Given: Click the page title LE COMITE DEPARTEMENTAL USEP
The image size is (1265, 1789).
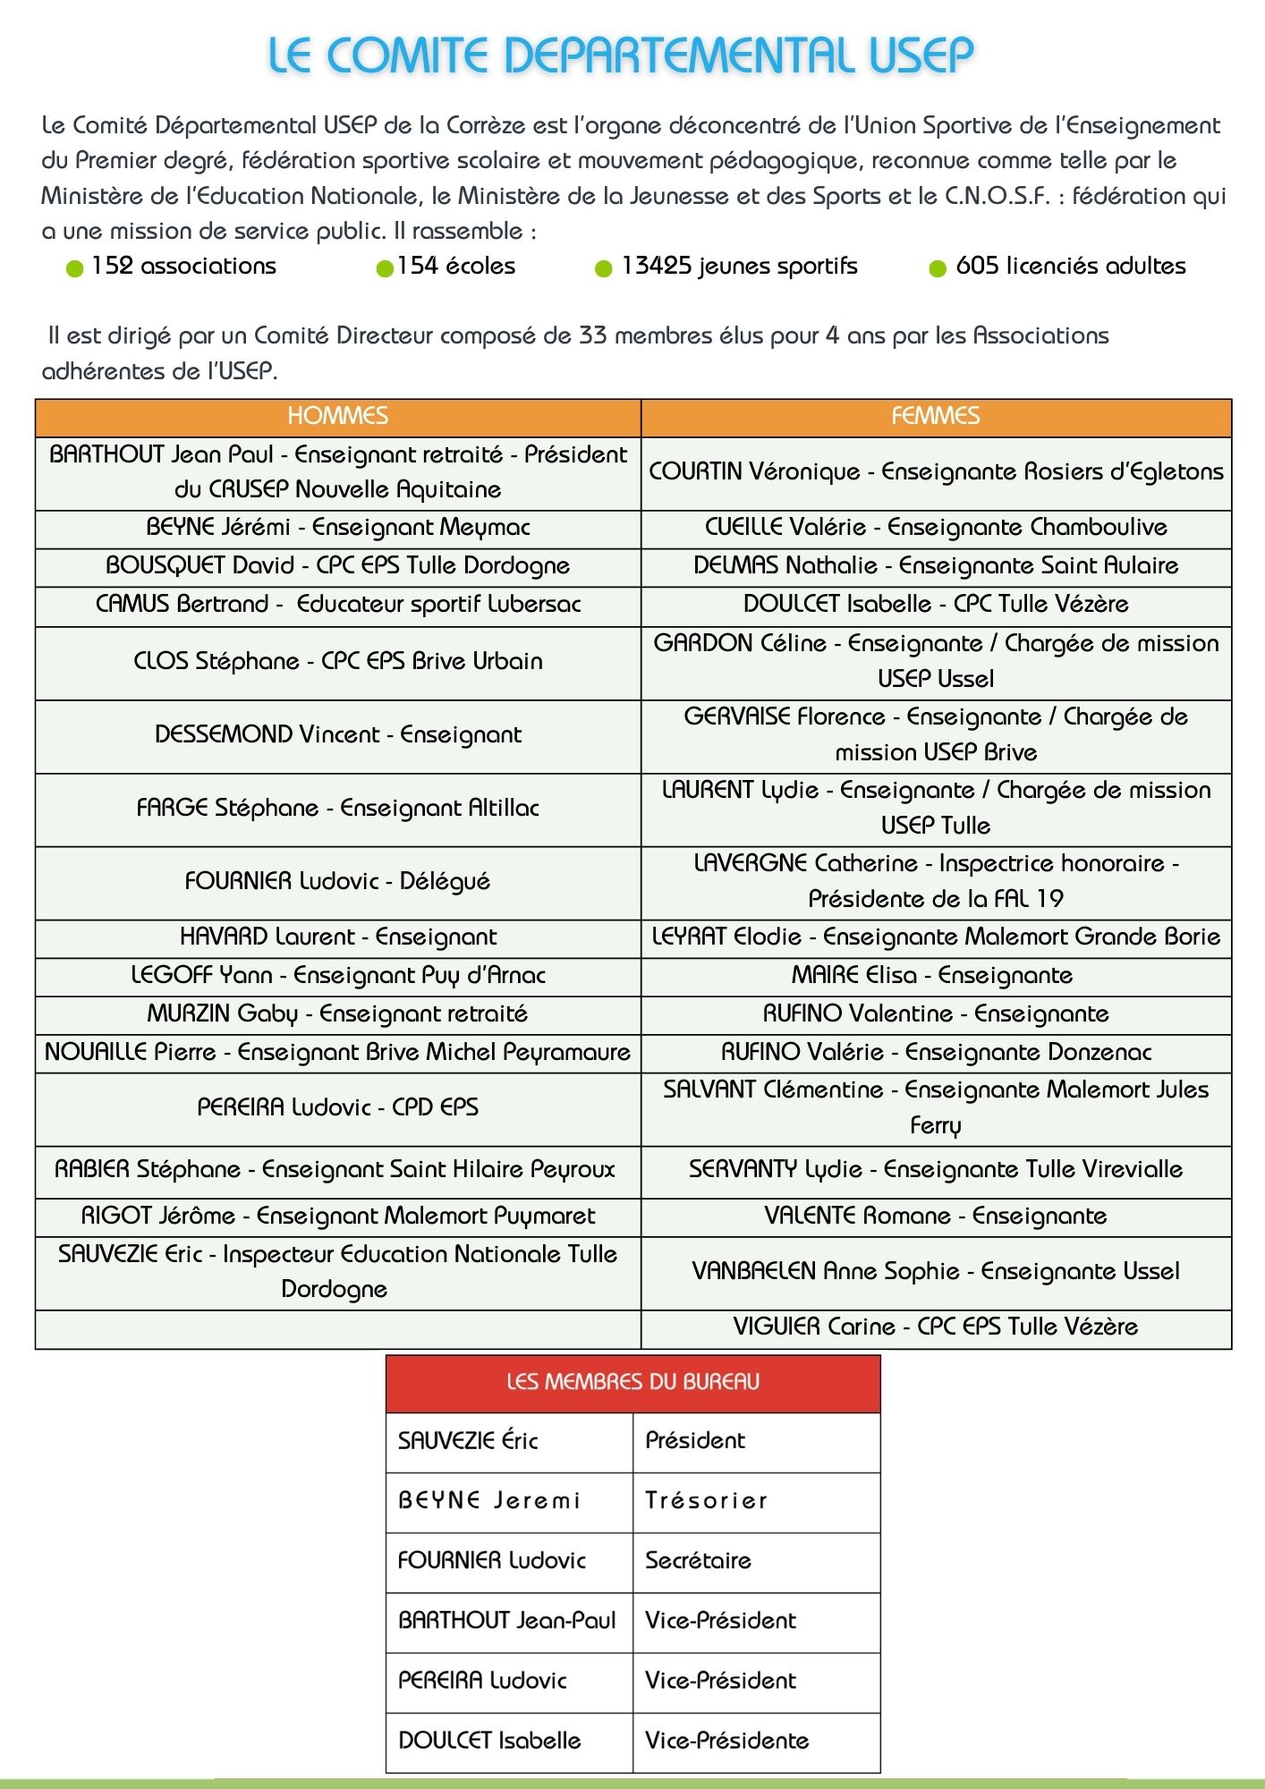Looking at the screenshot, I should [621, 55].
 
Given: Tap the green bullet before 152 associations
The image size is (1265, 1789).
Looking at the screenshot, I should [75, 268].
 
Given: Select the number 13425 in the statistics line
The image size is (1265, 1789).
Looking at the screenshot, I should [656, 266].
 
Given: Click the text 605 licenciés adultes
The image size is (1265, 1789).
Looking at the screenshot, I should [1070, 266].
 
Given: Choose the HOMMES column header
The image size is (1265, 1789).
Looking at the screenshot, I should [337, 416].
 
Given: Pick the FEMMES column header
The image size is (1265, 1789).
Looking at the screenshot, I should [935, 416].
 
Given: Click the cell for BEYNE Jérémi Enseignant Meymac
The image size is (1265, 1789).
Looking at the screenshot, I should [337, 527].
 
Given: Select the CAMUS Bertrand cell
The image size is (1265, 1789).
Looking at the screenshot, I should [337, 604].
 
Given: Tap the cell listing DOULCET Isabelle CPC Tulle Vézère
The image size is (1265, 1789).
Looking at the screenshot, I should [935, 604].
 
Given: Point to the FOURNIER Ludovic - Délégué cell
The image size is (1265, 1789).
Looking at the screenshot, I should [337, 881].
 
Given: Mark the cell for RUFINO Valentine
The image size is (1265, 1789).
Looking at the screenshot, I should [935, 1013].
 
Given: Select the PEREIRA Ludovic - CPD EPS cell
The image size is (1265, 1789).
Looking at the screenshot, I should [337, 1107].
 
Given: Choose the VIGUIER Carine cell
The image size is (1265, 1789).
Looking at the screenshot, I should [935, 1327].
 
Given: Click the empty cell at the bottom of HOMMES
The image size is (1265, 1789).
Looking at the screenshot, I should [337, 1328].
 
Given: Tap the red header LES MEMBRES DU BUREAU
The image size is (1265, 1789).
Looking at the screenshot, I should [632, 1382].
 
